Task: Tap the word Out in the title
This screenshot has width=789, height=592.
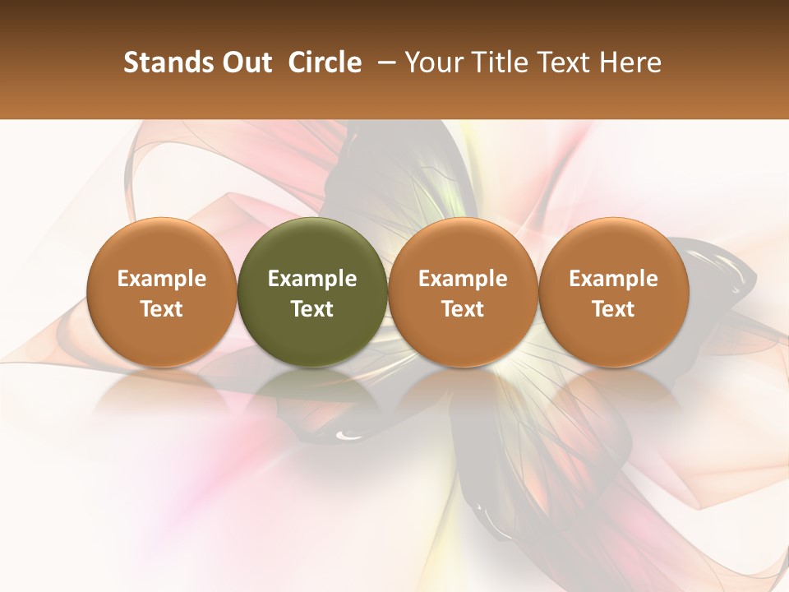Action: coord(244,62)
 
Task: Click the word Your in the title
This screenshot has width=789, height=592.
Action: coord(431,62)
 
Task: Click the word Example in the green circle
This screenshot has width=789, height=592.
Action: coord(312,279)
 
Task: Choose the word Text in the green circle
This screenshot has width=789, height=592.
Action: coord(312,309)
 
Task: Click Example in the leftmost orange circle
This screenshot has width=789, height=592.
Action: coord(162,279)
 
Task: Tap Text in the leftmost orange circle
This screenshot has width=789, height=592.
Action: coord(162,309)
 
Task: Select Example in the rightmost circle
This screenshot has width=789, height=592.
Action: coord(614,279)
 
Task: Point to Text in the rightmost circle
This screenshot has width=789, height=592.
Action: coord(614,309)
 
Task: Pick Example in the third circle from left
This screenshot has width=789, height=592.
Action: coord(463,279)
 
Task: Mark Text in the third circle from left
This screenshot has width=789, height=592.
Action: coord(463,309)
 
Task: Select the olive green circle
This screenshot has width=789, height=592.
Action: coord(312,247)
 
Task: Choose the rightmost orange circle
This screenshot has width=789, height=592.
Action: coord(614,247)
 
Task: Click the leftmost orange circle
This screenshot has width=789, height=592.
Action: coord(162,247)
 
